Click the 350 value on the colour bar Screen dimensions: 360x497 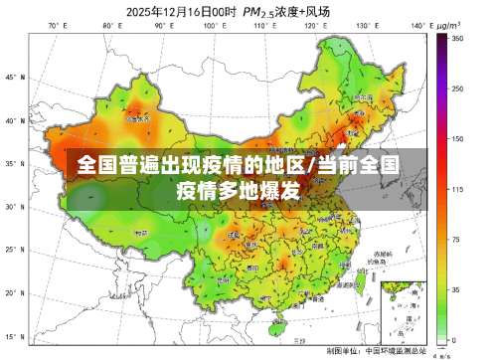(458, 38)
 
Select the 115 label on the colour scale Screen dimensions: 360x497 (458, 188)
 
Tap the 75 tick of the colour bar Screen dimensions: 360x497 (456, 239)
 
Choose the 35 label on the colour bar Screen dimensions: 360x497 (456, 289)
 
